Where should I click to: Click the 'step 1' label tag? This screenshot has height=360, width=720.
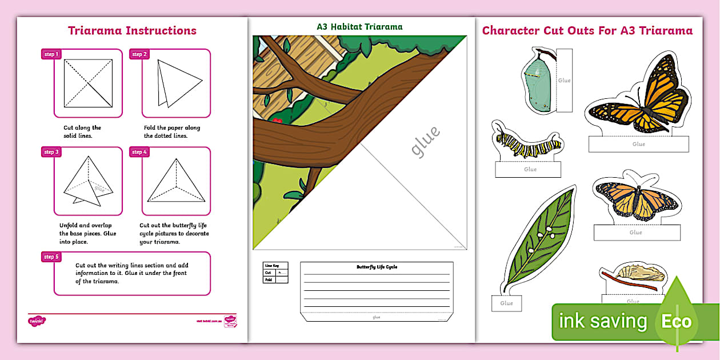click(x=51, y=54)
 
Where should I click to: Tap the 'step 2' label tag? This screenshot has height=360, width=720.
click(x=139, y=54)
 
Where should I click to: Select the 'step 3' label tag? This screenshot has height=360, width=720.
click(x=51, y=152)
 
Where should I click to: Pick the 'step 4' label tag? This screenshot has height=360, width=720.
click(x=139, y=152)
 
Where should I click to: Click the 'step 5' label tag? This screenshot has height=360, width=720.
click(x=51, y=257)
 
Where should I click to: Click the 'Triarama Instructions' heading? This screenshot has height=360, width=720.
click(x=132, y=31)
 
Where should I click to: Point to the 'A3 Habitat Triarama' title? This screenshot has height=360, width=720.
click(x=359, y=27)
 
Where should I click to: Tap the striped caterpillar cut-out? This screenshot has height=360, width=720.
click(x=527, y=144)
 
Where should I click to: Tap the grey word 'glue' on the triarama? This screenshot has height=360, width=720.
click(x=426, y=141)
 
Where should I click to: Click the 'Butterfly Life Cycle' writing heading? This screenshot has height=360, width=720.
click(x=377, y=267)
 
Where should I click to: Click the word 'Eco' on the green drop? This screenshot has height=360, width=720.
click(x=677, y=321)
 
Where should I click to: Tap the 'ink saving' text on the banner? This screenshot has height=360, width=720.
click(x=603, y=322)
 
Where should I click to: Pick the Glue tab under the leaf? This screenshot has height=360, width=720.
click(x=506, y=303)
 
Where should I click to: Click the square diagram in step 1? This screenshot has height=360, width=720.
click(x=87, y=83)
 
